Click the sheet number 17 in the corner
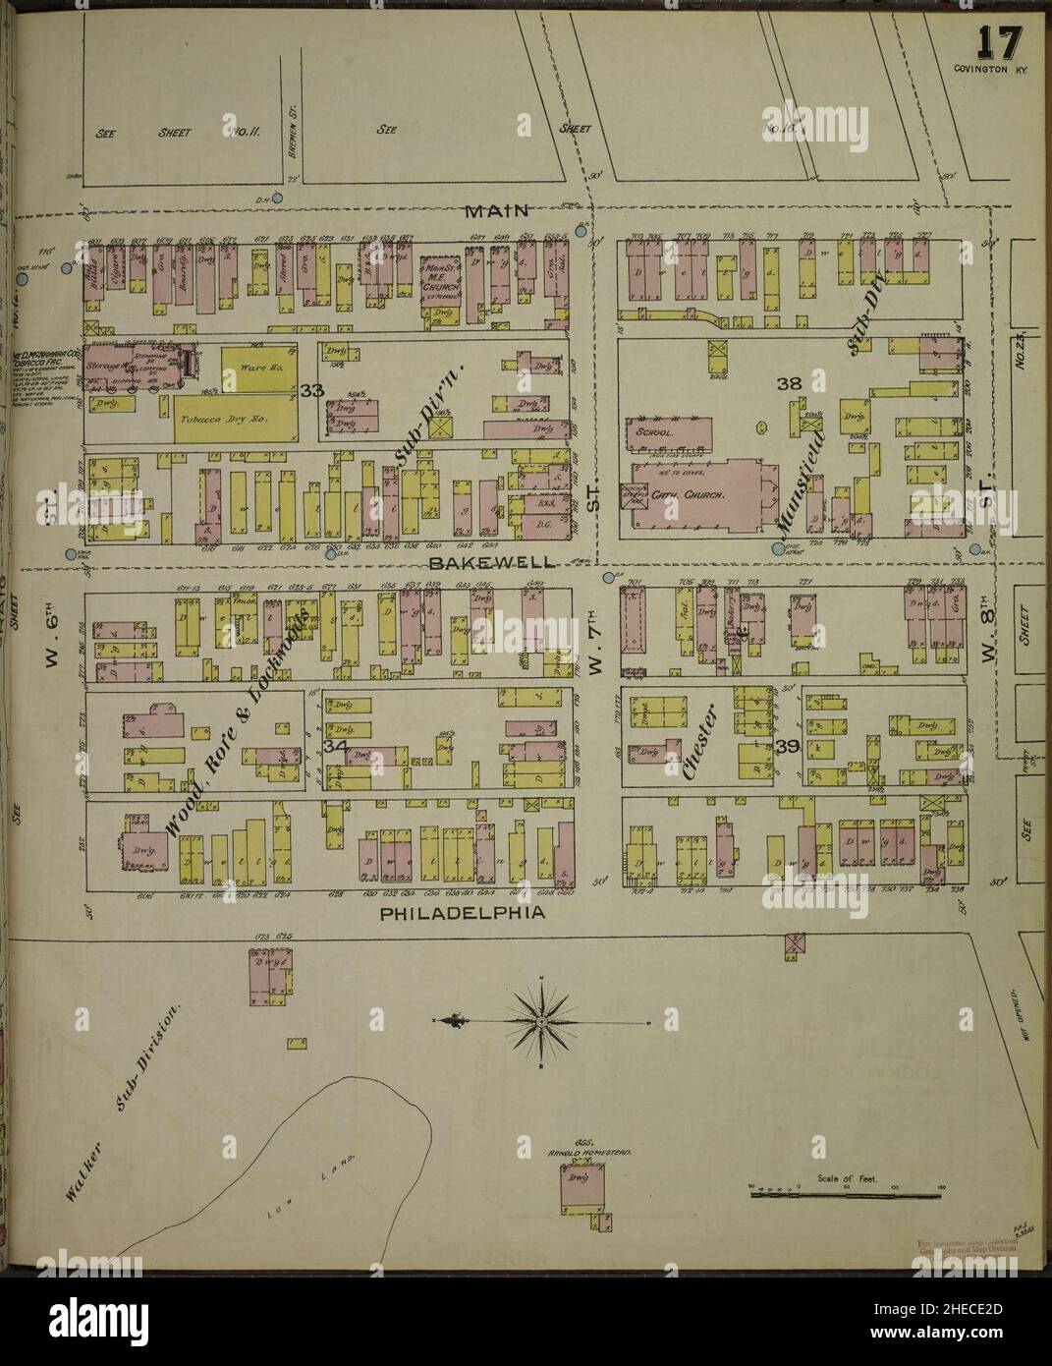[998, 45]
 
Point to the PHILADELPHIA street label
[462, 914]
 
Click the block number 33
[312, 392]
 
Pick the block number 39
[786, 748]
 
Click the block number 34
[334, 747]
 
